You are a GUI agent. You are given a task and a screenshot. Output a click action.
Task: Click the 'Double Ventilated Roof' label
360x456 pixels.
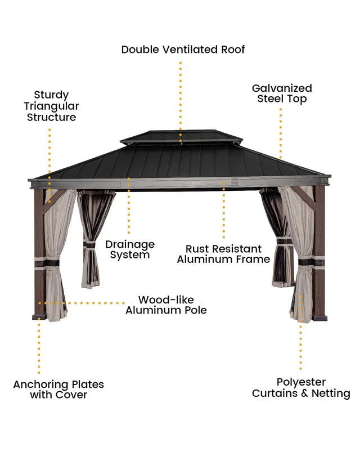(183, 50)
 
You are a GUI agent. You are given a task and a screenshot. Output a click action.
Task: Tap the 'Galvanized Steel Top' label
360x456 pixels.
(282, 93)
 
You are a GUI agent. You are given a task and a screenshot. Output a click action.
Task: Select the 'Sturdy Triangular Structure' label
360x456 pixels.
(51, 106)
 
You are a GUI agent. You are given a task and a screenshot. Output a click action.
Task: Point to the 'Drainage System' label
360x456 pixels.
(130, 249)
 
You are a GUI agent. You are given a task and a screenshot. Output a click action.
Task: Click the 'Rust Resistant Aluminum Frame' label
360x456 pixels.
(223, 254)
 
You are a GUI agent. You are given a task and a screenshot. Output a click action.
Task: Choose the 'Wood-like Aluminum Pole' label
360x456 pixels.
(166, 305)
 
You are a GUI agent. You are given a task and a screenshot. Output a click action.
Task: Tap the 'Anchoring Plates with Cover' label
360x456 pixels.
(58, 390)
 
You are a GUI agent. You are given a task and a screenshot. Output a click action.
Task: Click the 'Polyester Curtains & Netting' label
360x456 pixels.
(301, 387)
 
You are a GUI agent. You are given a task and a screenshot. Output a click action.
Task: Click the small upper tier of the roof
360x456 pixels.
(181, 137)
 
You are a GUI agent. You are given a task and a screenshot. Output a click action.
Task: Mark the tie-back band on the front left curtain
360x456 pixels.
(47, 263)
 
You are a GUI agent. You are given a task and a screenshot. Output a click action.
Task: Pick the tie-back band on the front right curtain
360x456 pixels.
(311, 262)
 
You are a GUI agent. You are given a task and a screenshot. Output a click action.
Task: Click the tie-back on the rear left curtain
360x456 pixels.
(89, 244)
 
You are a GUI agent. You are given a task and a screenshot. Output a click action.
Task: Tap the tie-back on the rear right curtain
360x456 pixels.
(285, 241)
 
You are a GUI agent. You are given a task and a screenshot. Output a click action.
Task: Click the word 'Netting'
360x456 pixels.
(331, 393)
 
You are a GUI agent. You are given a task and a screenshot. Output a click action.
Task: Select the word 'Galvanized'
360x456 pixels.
(282, 88)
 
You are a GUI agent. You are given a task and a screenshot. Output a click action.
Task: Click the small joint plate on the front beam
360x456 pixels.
(234, 182)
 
